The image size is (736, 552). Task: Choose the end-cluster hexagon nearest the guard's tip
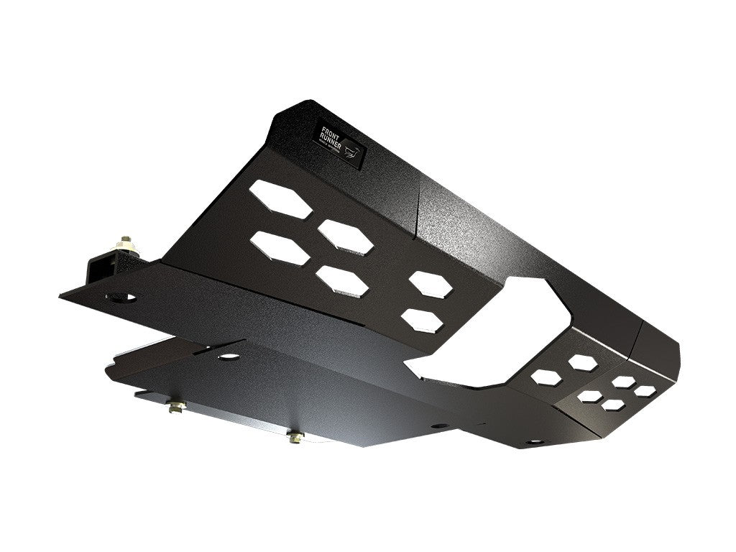pyautogui.click(x=645, y=390)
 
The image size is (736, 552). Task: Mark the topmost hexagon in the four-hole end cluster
pyautogui.click(x=623, y=381)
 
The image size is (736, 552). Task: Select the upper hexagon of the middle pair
pyautogui.click(x=432, y=284)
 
